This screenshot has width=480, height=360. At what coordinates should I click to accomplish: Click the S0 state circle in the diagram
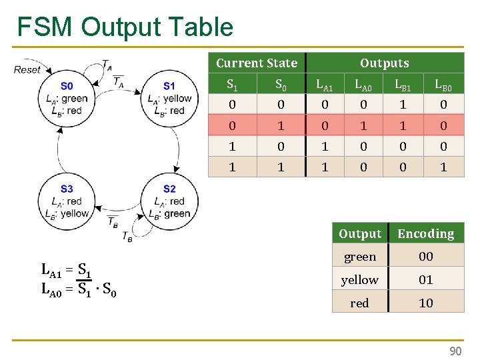[x=67, y=98]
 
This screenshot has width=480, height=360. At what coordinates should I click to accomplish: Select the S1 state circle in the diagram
[x=169, y=98]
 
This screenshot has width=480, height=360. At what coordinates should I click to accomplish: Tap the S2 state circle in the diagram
[x=169, y=201]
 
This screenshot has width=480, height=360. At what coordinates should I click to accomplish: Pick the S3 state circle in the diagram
[x=67, y=201]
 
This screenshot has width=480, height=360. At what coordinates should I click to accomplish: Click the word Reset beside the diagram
[x=27, y=69]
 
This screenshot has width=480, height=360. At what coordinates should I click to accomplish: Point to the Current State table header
[x=257, y=63]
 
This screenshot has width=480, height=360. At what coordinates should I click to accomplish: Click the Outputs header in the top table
[x=384, y=63]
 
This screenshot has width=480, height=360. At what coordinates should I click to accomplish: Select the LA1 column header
[x=325, y=85]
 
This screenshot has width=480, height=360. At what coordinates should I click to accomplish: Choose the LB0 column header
[x=443, y=85]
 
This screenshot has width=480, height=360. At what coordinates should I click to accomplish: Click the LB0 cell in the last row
[x=443, y=167]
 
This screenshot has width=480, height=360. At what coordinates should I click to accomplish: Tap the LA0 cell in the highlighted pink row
[x=363, y=125]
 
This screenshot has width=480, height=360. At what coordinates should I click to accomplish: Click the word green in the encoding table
[x=359, y=257]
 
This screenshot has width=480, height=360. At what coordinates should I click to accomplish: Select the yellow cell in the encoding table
[x=359, y=280]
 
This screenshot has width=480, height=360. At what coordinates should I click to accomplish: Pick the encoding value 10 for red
[x=425, y=303]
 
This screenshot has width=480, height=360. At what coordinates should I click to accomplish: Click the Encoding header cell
[x=425, y=234]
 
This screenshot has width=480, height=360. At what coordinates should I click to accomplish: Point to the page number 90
[x=455, y=351]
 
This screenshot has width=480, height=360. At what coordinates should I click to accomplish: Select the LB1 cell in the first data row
[x=403, y=105]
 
